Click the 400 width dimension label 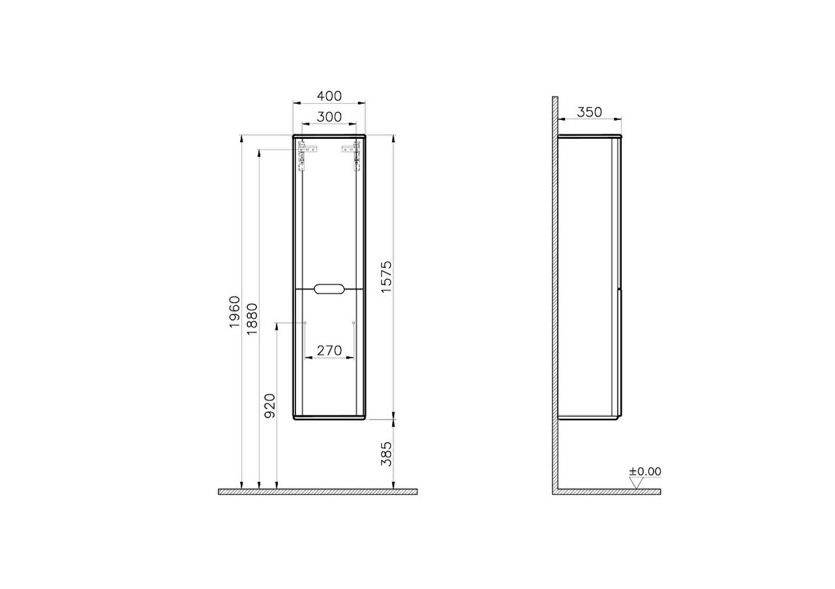[x=329, y=96]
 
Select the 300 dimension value [x=329, y=117]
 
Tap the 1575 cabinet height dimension [x=387, y=277]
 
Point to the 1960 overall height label [x=235, y=312]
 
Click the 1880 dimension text [x=252, y=319]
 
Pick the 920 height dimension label [x=269, y=406]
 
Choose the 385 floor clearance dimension [x=387, y=454]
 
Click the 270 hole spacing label [x=329, y=350]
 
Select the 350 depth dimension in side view [x=589, y=112]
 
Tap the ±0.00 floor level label [x=645, y=472]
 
